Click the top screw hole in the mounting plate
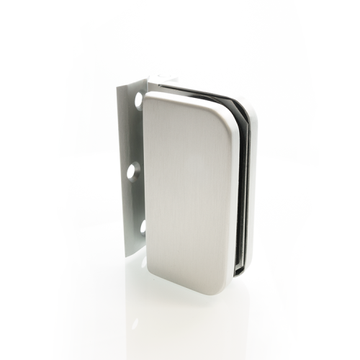click(138, 100)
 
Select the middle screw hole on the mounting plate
click(133, 171)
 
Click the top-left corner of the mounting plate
click(118, 84)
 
